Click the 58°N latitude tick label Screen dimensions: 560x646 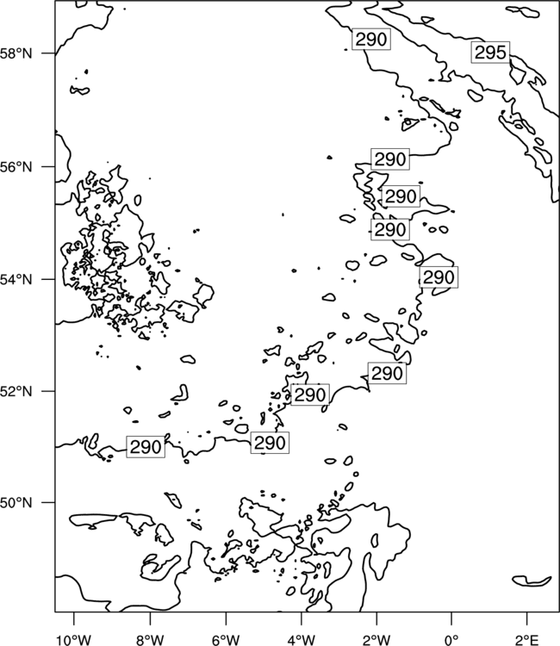tap(16, 53)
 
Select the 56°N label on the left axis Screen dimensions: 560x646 tap(16, 167)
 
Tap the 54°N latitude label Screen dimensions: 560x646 tap(16, 279)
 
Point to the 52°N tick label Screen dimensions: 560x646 tap(16, 391)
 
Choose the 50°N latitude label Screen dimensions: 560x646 tap(16, 503)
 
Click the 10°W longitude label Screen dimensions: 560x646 tap(74, 640)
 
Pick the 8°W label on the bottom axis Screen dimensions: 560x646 tap(150, 640)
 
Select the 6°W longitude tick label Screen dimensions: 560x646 tap(226, 640)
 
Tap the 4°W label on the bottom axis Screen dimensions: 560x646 tap(302, 640)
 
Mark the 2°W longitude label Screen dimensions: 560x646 tap(376, 640)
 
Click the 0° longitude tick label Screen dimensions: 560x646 tap(451, 640)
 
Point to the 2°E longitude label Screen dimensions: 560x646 tap(527, 640)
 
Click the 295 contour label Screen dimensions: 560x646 tap(490, 53)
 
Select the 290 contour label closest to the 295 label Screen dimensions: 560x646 tap(371, 39)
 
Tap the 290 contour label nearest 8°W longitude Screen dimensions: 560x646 tap(146, 447)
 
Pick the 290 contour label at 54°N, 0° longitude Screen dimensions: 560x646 tap(439, 277)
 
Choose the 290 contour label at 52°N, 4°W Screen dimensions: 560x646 tap(310, 394)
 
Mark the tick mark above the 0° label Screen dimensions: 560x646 tap(451, 618)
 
